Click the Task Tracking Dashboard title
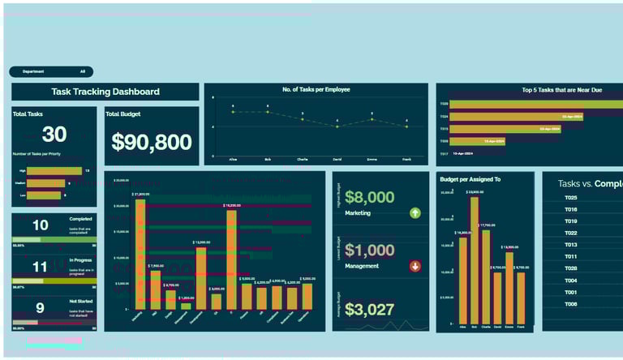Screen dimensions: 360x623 [105, 92]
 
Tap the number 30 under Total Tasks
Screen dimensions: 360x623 [54, 135]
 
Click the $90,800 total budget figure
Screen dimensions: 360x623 [151, 143]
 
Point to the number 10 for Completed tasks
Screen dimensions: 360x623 [40, 225]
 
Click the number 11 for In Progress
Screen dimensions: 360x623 [40, 267]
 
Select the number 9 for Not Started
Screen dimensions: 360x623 [40, 308]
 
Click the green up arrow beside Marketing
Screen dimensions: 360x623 [415, 213]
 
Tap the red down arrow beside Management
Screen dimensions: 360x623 [415, 266]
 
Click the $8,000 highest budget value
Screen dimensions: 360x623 [369, 197]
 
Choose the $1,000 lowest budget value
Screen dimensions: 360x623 [369, 251]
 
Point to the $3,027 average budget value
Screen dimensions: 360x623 [369, 309]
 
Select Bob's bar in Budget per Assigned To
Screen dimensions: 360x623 [475, 259]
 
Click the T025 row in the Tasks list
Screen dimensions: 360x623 [571, 198]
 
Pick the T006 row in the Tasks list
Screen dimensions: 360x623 [571, 304]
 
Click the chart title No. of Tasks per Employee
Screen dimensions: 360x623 [316, 89]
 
